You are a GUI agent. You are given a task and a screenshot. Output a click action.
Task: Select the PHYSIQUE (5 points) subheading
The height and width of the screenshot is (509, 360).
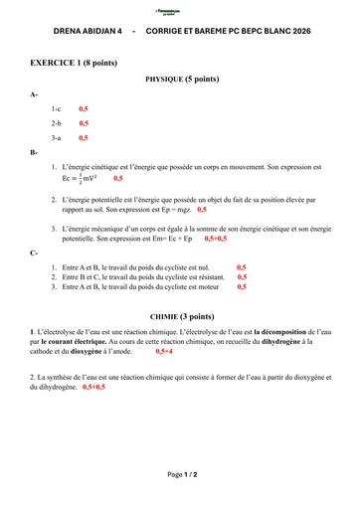(x=182, y=78)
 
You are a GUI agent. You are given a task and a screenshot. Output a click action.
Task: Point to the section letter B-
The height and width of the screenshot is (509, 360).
(x=35, y=152)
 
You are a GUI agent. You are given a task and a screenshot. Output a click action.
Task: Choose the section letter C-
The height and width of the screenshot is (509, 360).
(x=35, y=253)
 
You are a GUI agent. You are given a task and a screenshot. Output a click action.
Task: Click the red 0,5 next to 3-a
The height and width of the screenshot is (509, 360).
(x=84, y=138)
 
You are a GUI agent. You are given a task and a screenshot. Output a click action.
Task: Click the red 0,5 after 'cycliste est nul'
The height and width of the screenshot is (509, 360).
(x=241, y=267)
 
